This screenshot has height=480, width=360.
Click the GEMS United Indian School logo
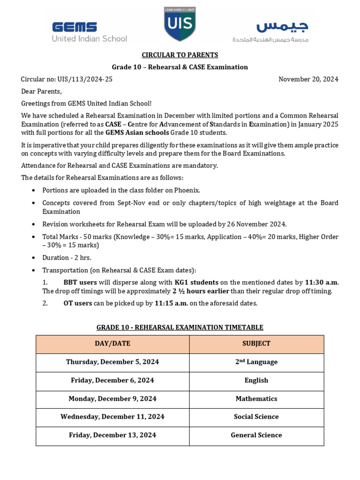coord(89,32)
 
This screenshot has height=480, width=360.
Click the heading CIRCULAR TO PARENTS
coord(180,55)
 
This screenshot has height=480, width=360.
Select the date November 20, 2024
coord(308,79)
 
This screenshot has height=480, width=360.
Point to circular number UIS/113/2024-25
coord(67,79)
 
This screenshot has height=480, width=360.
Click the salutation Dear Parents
coord(41,91)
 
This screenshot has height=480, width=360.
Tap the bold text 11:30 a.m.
coord(321,282)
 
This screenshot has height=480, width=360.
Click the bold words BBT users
coord(80,282)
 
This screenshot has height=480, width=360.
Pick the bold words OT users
coord(77,303)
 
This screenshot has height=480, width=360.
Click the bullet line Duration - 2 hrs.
coord(67,258)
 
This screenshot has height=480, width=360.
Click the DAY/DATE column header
coord(112,344)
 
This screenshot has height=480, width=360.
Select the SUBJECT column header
coord(256,344)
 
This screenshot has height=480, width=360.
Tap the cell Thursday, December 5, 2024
coord(112,362)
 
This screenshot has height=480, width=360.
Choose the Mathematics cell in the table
coord(256,398)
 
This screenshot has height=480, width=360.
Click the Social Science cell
coord(256,417)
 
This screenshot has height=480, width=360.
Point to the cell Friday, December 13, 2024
coord(112,435)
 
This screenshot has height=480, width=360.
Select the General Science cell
coord(256,435)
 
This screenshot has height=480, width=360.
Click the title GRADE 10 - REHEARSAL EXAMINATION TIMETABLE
coord(180,327)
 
